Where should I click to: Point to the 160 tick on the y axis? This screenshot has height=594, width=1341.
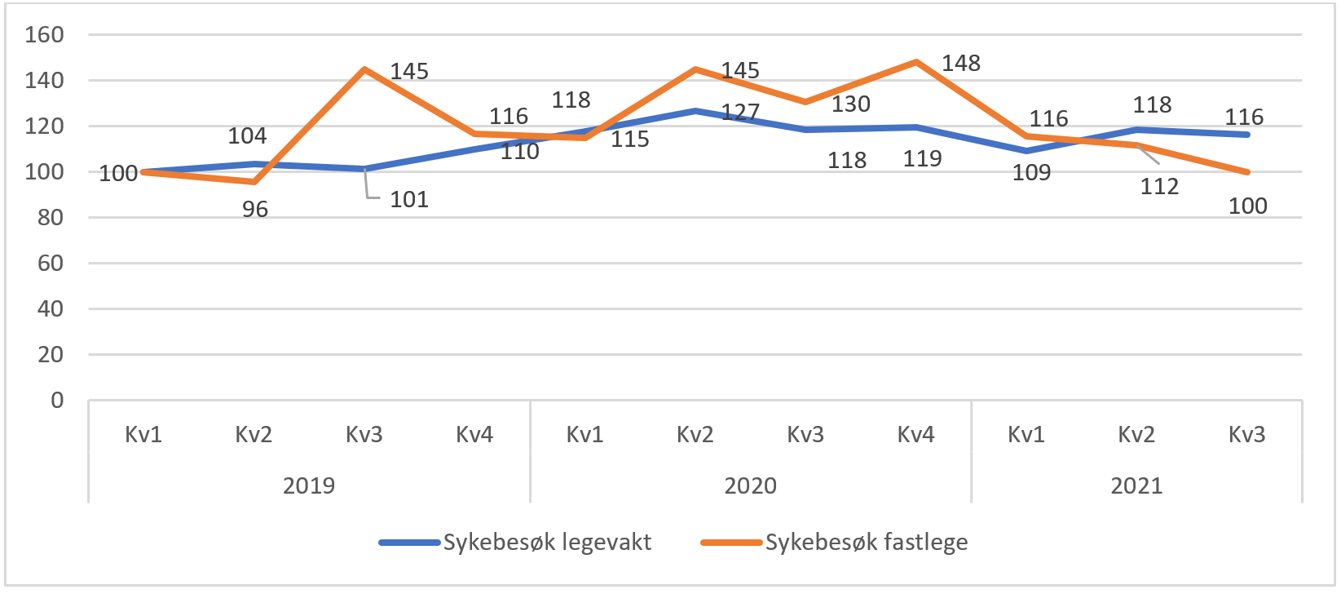point(44,34)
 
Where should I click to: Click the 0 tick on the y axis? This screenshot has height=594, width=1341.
point(57,400)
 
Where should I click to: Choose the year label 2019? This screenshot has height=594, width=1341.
point(309,485)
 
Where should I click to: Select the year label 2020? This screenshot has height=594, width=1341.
point(750,485)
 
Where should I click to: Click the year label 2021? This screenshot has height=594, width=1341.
point(1136,485)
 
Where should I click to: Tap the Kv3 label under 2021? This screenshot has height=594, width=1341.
point(1246,434)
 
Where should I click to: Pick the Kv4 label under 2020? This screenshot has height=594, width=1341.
point(915,434)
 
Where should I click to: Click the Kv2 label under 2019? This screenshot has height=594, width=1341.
point(254,434)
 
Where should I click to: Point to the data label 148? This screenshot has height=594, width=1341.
point(961,64)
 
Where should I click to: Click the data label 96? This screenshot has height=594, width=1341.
point(255,210)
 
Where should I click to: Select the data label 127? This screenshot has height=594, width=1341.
point(740,112)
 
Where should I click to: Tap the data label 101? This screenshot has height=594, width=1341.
point(409,200)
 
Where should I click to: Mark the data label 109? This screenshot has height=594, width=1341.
point(1031,173)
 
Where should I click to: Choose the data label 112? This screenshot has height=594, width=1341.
point(1159,187)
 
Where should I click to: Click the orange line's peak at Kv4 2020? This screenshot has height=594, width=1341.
point(916,62)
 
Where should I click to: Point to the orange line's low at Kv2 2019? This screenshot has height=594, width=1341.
point(254,181)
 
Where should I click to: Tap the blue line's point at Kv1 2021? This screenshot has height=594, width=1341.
point(1026,151)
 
